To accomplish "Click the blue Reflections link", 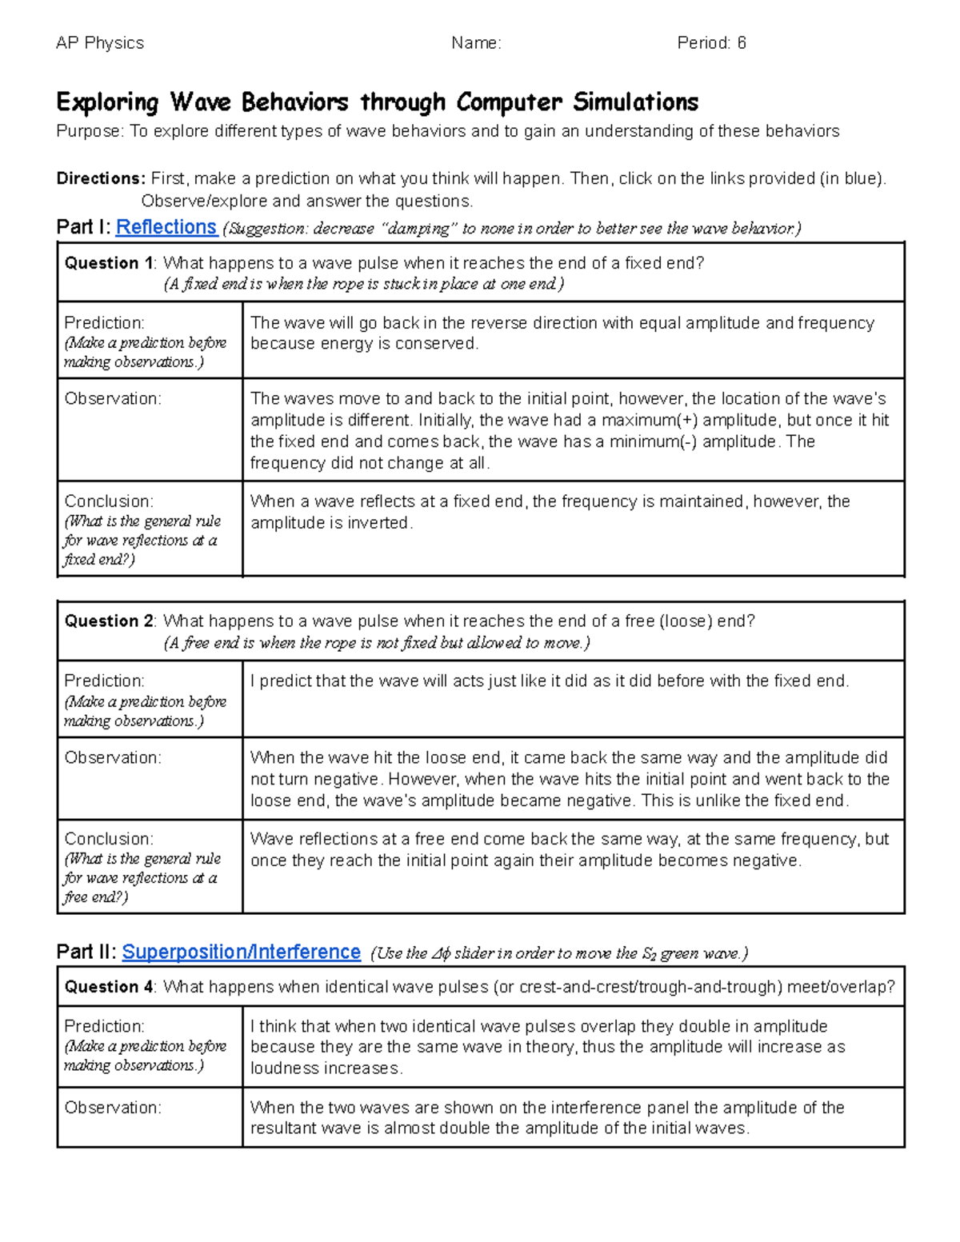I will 166,228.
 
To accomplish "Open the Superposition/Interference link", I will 241,952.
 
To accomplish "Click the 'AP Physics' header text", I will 100,43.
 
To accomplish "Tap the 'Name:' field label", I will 476,43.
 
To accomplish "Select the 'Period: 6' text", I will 711,43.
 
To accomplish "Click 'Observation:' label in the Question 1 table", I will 112,399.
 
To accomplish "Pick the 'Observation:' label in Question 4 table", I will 112,1108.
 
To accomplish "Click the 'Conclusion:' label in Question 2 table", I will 108,839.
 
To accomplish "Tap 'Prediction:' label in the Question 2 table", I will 104,681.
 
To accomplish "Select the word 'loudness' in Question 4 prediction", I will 281,1068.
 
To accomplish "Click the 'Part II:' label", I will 87,952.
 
